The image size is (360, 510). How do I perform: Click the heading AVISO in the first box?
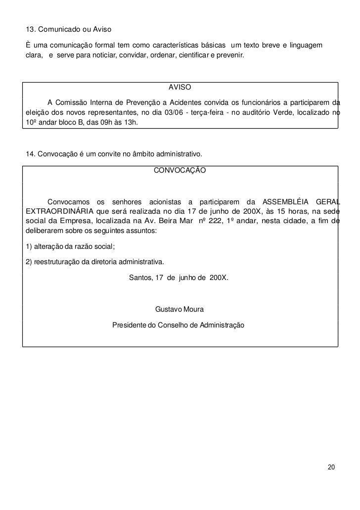click(x=180, y=88)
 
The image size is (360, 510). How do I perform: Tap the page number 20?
click(x=331, y=467)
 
